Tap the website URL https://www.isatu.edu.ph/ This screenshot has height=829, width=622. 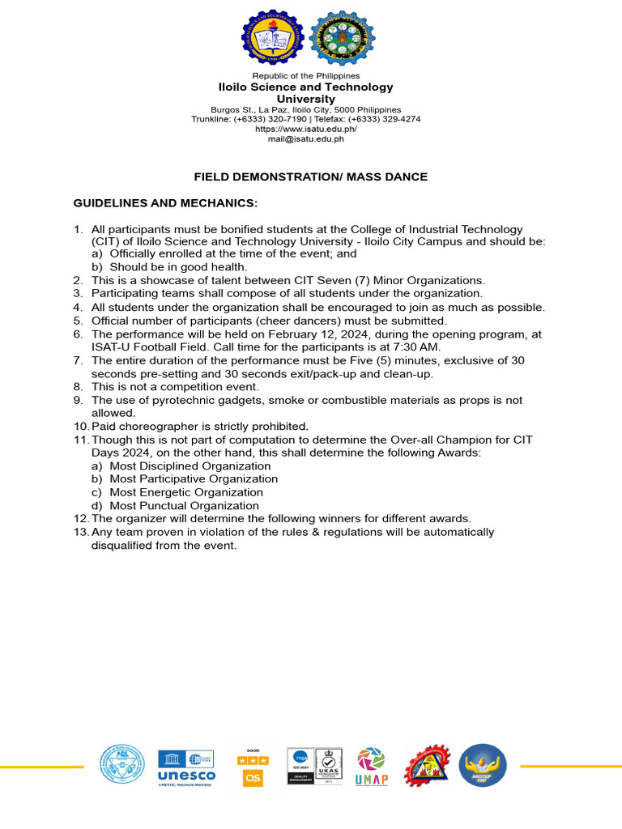point(306,129)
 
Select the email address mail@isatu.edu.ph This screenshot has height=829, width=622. point(306,138)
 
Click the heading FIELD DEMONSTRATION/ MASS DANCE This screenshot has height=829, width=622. point(310,176)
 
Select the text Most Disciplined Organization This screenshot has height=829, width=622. point(190,466)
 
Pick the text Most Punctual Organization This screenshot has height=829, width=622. point(184,505)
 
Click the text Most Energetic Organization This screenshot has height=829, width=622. point(186,492)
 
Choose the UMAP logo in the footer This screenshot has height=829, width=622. point(371,766)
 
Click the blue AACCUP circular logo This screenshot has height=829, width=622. point(483,766)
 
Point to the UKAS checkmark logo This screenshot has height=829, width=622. point(329,766)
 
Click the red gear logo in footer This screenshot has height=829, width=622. point(426,766)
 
